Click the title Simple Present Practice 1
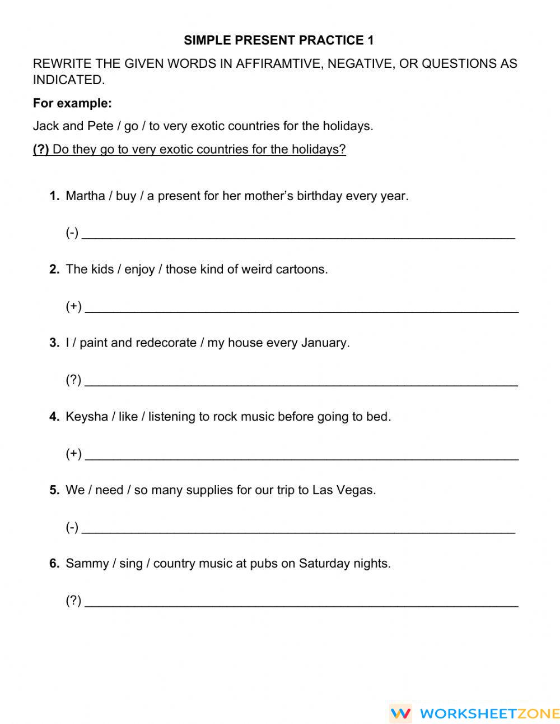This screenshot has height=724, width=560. click(278, 40)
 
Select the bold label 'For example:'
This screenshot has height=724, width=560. click(72, 103)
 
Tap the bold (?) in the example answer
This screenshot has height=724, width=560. click(41, 149)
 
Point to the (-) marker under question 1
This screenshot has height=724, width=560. click(72, 233)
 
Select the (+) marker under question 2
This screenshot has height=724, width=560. click(73, 306)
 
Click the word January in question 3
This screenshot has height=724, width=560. click(325, 343)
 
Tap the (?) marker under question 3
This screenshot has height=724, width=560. click(73, 380)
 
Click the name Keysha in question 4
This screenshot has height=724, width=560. click(87, 417)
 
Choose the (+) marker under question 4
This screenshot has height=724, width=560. click(73, 453)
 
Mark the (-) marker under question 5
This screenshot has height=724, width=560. click(72, 527)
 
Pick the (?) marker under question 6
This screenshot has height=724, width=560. click(73, 601)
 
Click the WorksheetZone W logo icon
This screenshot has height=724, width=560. click(400, 713)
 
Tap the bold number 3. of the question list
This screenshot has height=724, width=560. click(54, 343)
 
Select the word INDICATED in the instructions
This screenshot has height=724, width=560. click(68, 80)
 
